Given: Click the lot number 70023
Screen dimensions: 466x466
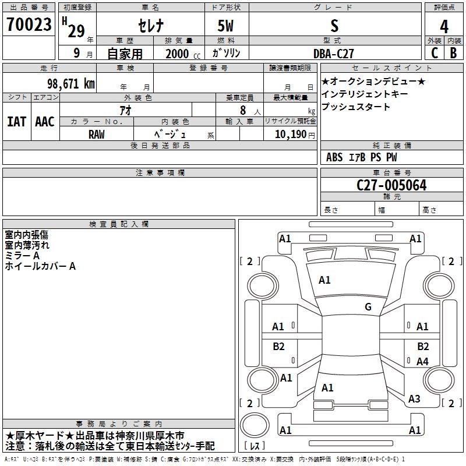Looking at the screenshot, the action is point(29,25).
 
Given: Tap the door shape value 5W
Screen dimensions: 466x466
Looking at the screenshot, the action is point(227,26).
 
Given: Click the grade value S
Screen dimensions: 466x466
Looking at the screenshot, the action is point(334,26).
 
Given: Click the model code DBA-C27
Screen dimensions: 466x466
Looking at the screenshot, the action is point(334,53).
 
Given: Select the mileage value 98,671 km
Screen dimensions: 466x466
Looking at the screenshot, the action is point(70,83).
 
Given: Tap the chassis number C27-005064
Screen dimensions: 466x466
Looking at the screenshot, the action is point(391,186).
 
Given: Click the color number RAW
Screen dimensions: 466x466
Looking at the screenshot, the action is point(97,134).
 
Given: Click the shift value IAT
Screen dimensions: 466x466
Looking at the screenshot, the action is point(16,121).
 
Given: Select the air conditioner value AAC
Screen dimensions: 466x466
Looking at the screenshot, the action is point(45,121).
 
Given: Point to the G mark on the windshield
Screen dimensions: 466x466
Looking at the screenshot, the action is point(368,307).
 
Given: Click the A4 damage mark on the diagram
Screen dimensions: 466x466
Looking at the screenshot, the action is point(422,362).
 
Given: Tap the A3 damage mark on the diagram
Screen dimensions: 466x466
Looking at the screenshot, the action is point(414,399).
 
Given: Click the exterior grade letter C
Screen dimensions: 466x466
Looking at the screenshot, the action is point(434,53).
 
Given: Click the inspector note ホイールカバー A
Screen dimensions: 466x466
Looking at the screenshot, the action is point(40,266).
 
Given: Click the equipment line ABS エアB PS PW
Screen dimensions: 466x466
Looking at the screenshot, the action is point(363,157).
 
